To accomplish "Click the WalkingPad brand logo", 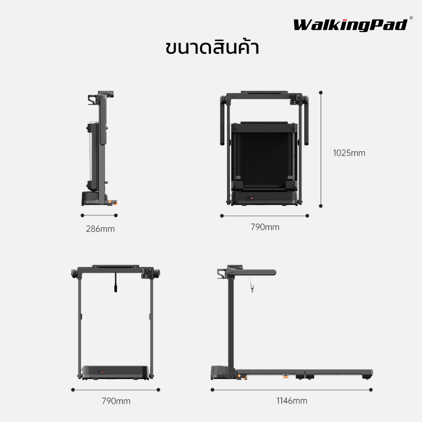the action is coord(350,25).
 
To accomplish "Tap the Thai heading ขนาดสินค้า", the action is coord(212,47).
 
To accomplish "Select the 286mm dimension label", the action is coord(100,229).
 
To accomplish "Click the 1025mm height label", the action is coord(349,153).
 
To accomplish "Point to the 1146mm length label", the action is coord(292,401).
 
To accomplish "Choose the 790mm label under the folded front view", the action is coord(265,227).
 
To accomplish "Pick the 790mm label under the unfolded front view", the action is coord(116,401).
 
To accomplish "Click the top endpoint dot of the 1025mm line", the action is coord(321,92).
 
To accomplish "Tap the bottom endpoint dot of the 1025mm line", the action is coord(321,206).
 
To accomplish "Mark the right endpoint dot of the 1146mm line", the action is coord(371,390).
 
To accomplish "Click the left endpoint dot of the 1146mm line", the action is coord(212,390).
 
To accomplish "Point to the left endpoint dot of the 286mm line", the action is coord(82,215).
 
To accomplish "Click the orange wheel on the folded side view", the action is coord(116,203).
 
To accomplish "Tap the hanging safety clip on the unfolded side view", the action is coord(252,288).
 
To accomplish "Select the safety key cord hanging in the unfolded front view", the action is coord(116,283).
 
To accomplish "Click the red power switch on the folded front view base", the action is coord(252,198).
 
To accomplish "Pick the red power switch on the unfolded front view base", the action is coord(103,373).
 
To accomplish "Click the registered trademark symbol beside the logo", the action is coord(411,18).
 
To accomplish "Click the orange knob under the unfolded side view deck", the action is coord(286,376).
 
